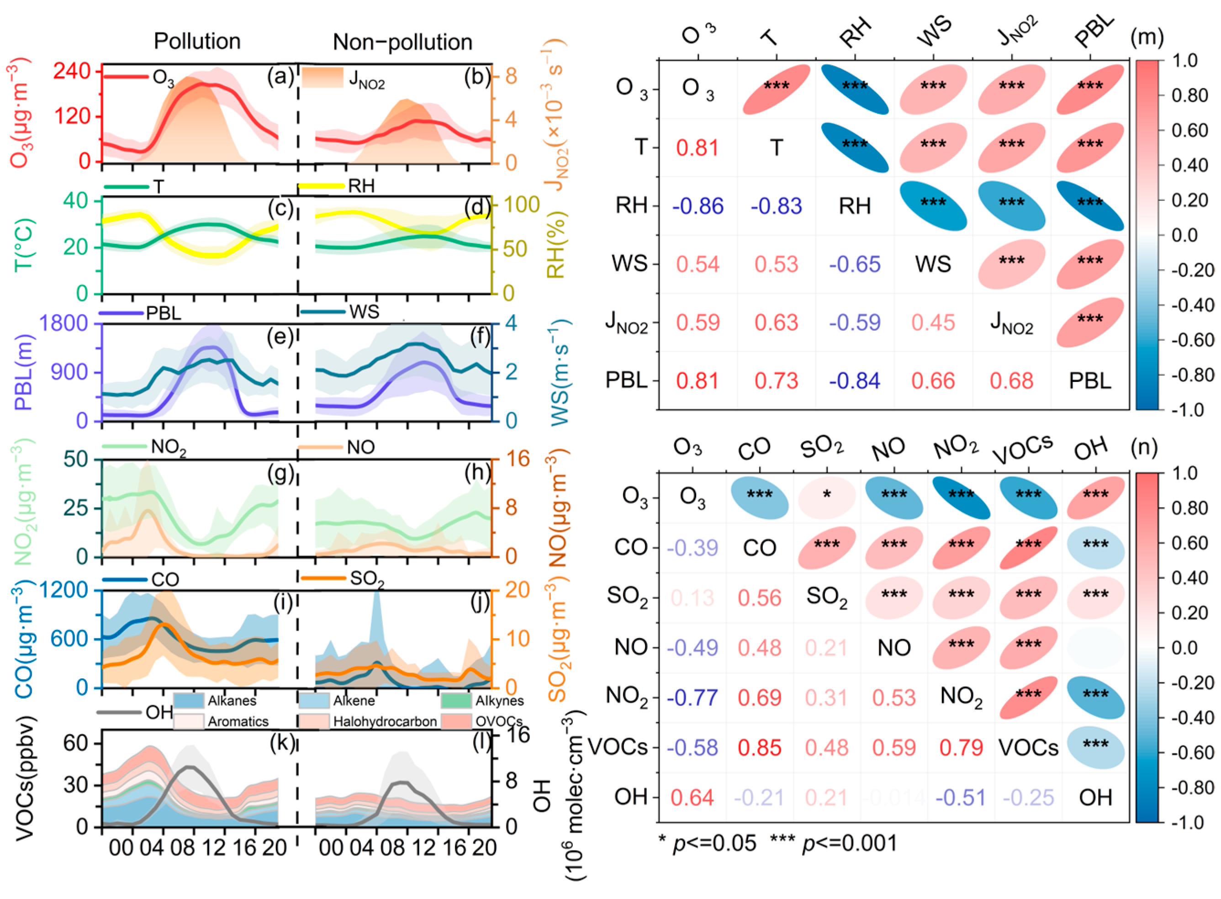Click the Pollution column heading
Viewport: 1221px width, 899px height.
coord(197,42)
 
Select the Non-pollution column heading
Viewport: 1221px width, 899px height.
coord(402,42)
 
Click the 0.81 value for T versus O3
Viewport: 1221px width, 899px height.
coord(698,148)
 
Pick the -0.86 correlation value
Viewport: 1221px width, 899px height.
coord(698,206)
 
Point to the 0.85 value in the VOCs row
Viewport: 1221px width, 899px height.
coord(760,747)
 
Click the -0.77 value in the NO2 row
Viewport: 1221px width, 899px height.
coord(692,697)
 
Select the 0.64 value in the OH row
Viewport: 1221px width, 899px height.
coord(692,797)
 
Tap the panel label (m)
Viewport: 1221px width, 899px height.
coord(1147,37)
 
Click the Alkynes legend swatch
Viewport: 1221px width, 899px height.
coord(455,700)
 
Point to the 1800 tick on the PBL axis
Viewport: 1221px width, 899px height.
coord(63,323)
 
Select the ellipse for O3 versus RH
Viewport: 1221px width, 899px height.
coord(854,89)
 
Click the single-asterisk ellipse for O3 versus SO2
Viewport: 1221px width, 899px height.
coord(826,496)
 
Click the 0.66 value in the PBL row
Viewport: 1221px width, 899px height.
coord(933,381)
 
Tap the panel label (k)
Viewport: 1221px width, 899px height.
coord(281,742)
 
